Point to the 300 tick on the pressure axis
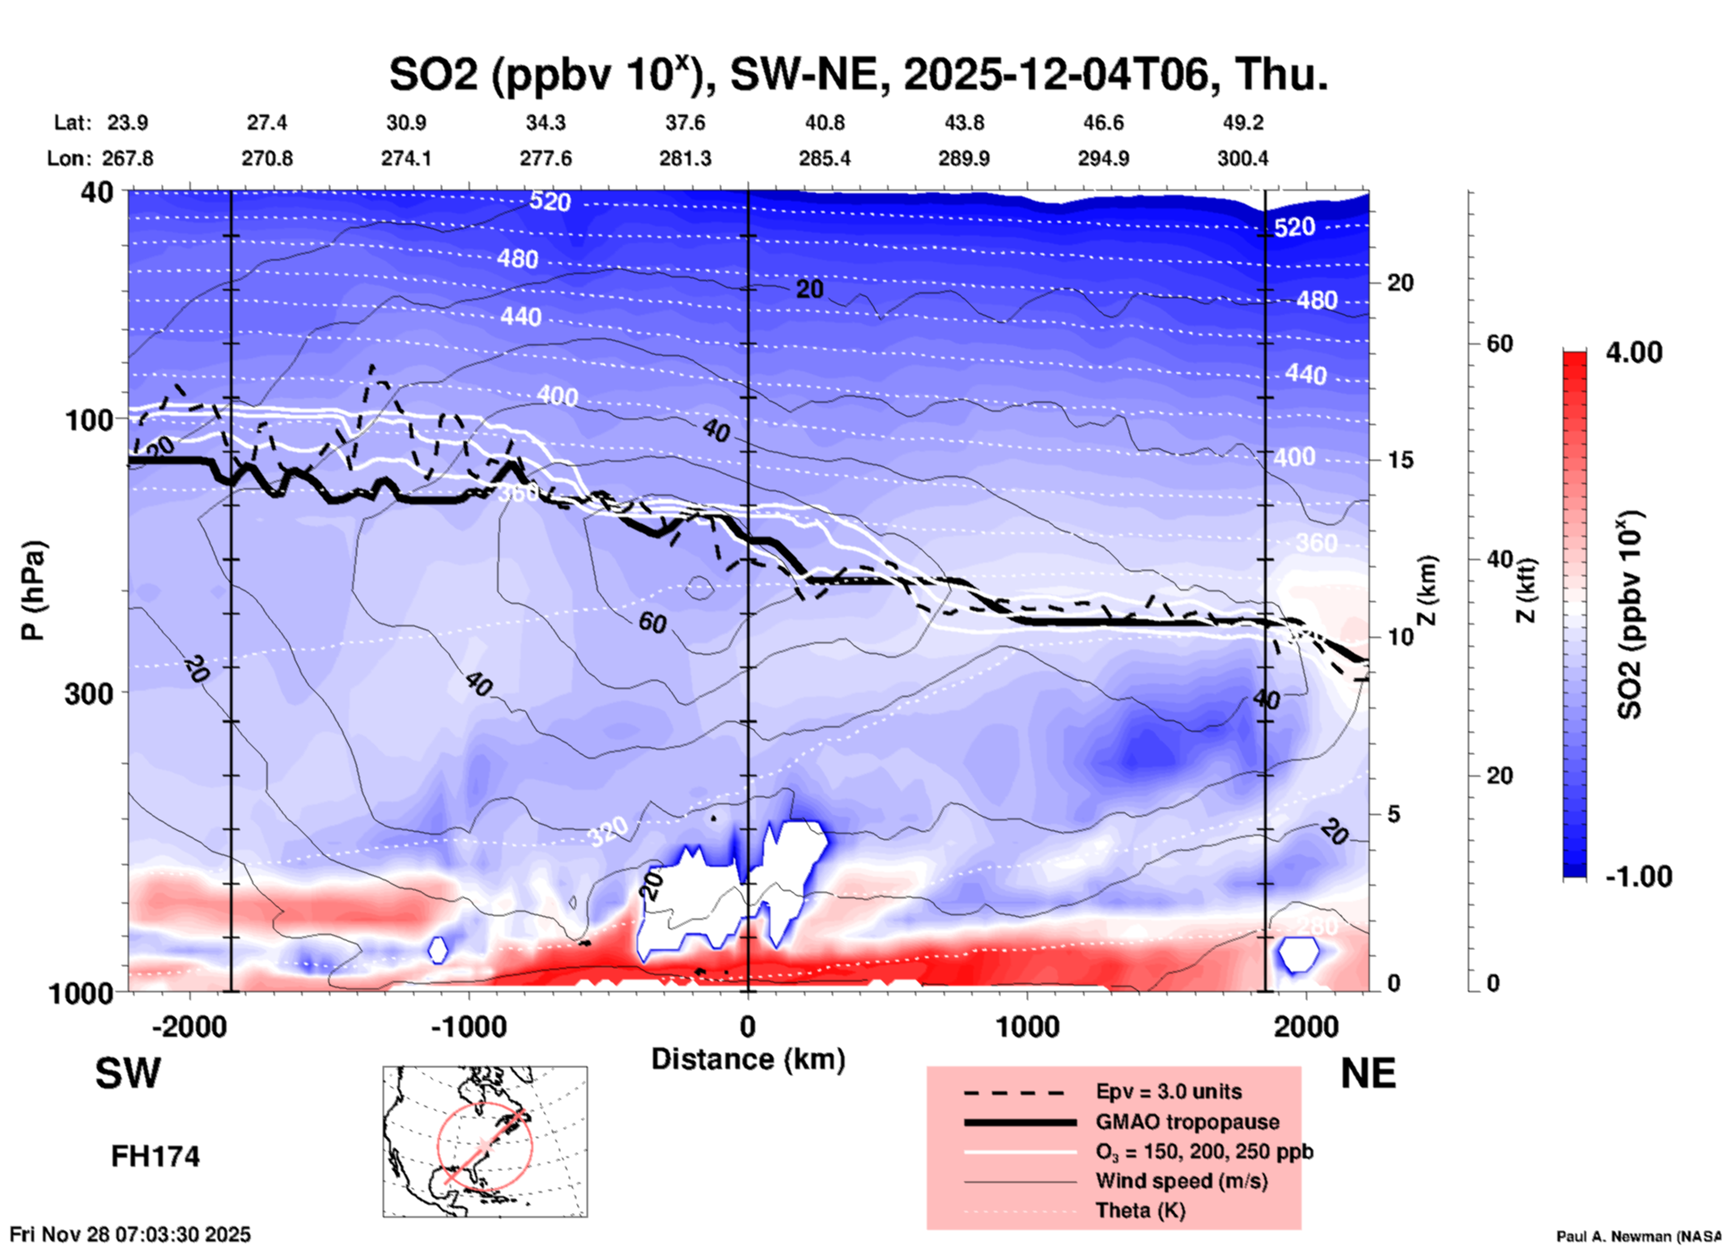pos(89,693)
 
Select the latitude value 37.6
pos(685,123)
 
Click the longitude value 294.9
pos(1103,158)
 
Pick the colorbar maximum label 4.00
pos(1634,352)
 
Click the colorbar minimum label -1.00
pos(1638,877)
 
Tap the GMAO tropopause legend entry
pos(1187,1122)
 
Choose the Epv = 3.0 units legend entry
pos(1168,1091)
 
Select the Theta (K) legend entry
pos(1140,1210)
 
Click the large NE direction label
pos(1368,1073)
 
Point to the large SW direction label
pos(128,1073)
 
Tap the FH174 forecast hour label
pos(155,1157)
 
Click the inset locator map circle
pos(485,1146)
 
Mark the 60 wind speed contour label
pos(652,622)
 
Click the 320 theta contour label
pos(607,832)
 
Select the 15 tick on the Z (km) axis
pos(1399,460)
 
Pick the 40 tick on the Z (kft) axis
pos(1499,560)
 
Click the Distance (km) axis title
pos(748,1059)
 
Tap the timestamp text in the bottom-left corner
pos(131,1234)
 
